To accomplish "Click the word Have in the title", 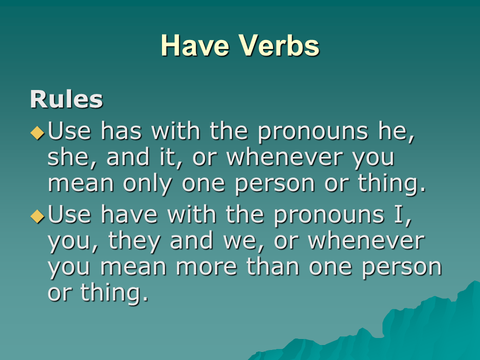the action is pos(194,45).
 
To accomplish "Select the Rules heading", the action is pos(66,99).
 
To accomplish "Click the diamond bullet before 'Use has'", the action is pos(37,132).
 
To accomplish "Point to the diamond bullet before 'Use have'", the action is pos(37,216).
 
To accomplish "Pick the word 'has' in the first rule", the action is pos(121,130).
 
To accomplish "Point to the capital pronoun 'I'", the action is pos(399,214).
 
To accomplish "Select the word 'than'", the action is pos(273,266).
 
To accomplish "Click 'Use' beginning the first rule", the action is pos(69,130).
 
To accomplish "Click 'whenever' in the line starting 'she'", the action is pos(284,157).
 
